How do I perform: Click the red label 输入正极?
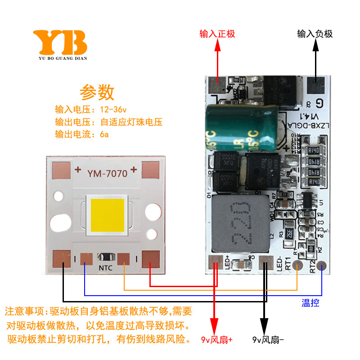point(217,34)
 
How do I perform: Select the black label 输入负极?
point(315,34)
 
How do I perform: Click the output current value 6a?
point(104,134)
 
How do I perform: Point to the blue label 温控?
point(310,303)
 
